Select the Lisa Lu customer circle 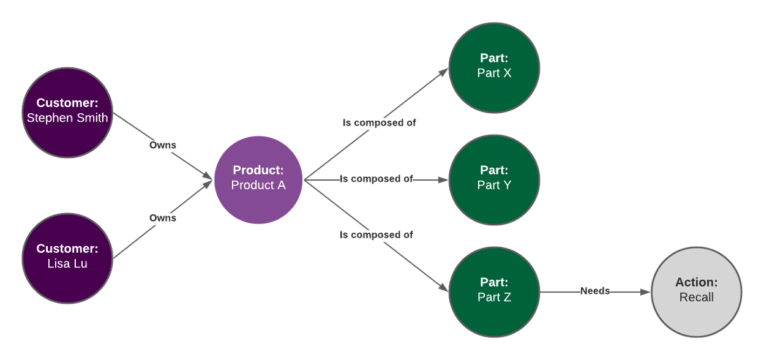tap(67, 258)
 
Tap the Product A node tap(258, 179)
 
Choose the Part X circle tap(494, 67)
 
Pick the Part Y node tap(494, 179)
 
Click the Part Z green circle tap(494, 292)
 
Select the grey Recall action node tap(697, 292)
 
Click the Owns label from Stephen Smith tap(163, 145)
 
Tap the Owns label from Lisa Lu tap(163, 218)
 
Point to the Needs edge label tap(595, 291)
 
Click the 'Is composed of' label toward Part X tap(379, 122)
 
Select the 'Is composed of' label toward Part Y tap(376, 179)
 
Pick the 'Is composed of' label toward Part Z tap(376, 234)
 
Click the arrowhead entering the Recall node tap(646, 293)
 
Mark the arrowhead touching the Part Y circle tap(444, 180)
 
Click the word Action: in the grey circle tap(697, 282)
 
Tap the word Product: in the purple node tap(258, 170)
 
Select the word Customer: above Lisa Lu tap(67, 249)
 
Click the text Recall tap(697, 298)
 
